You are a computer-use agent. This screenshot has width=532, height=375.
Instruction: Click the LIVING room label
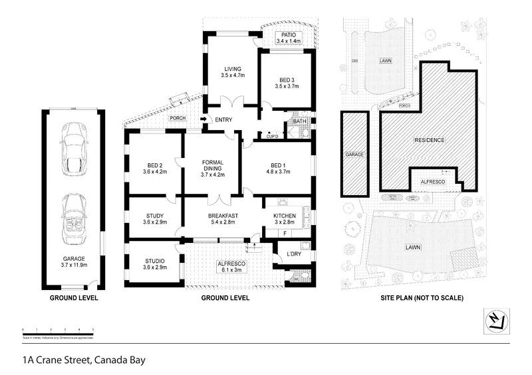coord(232,69)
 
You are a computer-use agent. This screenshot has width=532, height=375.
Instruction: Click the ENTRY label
coord(223,119)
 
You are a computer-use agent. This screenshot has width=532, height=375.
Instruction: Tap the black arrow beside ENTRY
coord(203,119)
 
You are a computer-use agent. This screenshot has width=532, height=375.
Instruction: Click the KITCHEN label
coord(285,215)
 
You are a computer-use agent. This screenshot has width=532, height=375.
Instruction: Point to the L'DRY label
coord(293,254)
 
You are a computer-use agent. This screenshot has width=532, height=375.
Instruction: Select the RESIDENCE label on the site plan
coord(429,140)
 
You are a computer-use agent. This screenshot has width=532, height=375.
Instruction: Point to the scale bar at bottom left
coord(58,330)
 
